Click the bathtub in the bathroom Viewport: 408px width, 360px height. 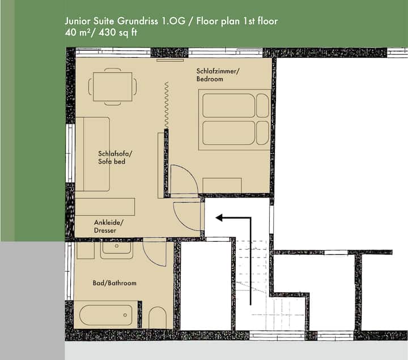point(105,315)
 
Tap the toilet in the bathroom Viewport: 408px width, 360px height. point(157,318)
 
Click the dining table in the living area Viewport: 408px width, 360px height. point(112,87)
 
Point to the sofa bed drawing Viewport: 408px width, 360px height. point(92,154)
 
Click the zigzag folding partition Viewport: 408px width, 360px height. point(166,105)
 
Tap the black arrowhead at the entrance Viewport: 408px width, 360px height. point(219,218)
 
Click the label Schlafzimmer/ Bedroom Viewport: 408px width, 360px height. point(218,75)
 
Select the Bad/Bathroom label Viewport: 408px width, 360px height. point(114,283)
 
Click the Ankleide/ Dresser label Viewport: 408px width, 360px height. point(108,226)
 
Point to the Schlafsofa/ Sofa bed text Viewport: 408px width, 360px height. point(114,157)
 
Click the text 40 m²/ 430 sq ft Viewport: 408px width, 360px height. point(101,33)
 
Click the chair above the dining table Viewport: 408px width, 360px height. point(113,70)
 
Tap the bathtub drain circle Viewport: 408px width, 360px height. point(125,315)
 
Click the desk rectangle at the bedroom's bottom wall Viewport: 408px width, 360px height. point(222,186)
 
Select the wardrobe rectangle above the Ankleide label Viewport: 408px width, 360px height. point(105,207)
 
